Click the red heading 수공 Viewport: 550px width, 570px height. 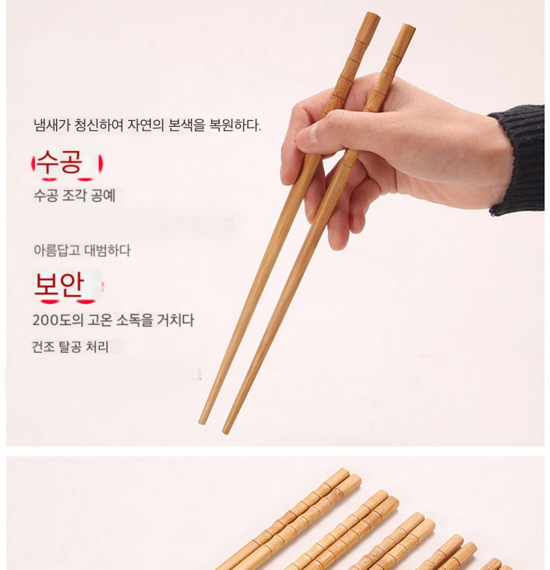[60, 162]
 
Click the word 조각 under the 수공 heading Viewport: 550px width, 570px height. [74, 195]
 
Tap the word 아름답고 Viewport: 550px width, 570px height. [57, 251]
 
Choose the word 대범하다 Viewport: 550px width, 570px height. [107, 251]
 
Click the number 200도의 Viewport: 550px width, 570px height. [58, 320]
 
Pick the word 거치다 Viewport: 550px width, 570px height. [176, 320]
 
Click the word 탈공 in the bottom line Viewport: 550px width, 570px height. [70, 346]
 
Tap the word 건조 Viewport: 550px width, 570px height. [43, 346]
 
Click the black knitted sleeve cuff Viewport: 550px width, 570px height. [519, 159]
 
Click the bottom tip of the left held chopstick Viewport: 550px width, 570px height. [203, 423]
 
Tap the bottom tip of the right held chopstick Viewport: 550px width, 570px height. [226, 432]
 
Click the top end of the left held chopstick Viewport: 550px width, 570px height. [373, 15]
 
